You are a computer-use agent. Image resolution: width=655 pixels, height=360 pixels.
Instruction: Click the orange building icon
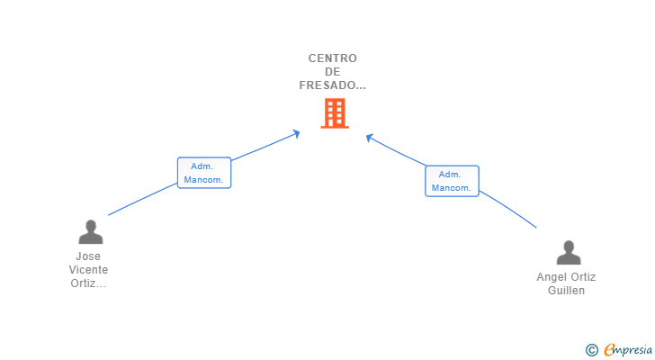[335, 113]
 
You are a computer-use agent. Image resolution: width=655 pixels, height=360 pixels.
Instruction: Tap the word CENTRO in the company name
[333, 58]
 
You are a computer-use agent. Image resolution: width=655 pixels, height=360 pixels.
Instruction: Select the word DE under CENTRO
[333, 72]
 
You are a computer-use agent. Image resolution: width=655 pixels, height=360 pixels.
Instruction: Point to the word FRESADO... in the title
[333, 85]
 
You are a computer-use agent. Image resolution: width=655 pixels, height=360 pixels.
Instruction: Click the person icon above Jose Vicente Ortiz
[91, 232]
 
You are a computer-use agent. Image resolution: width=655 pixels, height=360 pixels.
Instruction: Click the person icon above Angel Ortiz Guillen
[569, 252]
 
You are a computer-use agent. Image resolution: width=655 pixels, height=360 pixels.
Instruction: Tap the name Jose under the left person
[88, 256]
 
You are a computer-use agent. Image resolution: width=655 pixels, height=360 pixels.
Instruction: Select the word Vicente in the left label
[88, 270]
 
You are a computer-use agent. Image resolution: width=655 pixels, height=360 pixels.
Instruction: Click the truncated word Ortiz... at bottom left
[88, 283]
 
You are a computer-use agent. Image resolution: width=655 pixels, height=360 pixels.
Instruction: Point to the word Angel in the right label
[551, 277]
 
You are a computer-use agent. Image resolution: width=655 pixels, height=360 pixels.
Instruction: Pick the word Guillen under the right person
[567, 291]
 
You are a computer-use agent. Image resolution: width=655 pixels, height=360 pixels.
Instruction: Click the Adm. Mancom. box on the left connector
[204, 173]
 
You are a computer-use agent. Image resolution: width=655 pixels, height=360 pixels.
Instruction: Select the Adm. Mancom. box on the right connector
[452, 181]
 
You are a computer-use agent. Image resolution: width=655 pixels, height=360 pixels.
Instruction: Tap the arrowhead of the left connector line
[297, 133]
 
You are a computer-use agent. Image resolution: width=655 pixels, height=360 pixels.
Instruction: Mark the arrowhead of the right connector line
[369, 138]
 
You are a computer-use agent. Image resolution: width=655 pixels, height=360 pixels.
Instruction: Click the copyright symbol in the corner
[591, 350]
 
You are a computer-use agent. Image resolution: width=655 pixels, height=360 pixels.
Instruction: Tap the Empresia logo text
[628, 350]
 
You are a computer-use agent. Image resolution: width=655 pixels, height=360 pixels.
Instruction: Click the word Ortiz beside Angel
[582, 277]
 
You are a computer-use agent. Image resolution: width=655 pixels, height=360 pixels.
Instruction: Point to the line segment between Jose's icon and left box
[142, 199]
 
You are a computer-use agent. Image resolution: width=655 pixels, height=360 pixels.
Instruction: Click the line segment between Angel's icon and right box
[507, 209]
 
